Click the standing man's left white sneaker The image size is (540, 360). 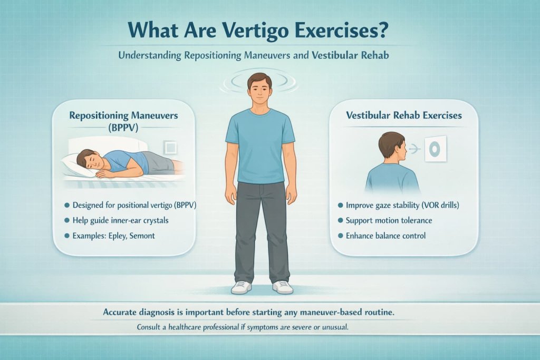tap(283, 287)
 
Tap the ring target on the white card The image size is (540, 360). tap(435, 150)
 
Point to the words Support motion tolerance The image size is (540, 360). tap(389, 219)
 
